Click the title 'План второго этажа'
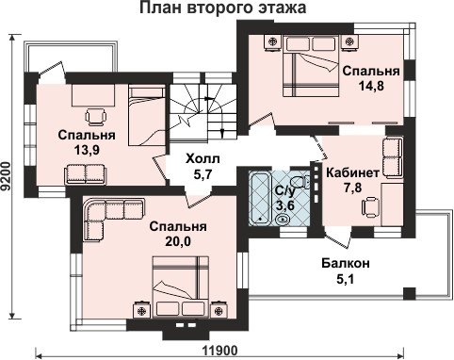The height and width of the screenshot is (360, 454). click(x=222, y=8)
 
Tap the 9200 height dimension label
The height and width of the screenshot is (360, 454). click(x=6, y=176)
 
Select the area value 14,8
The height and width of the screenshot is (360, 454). click(x=371, y=85)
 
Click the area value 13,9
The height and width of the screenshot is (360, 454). click(x=87, y=150)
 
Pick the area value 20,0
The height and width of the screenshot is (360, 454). click(x=178, y=240)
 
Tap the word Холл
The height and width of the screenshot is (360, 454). click(x=203, y=159)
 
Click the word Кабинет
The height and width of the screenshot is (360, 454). click(x=353, y=172)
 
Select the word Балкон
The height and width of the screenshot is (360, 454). click(x=346, y=263)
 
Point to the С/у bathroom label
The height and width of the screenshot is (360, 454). click(x=284, y=190)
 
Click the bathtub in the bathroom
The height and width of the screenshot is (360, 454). click(x=259, y=198)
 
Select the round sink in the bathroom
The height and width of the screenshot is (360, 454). click(x=283, y=219)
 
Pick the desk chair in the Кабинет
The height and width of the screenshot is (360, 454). click(x=370, y=206)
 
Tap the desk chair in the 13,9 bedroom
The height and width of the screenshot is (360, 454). click(x=95, y=117)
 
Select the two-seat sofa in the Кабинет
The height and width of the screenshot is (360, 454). click(x=393, y=157)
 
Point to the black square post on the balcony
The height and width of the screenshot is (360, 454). click(x=410, y=294)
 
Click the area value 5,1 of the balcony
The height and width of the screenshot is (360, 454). click(x=346, y=278)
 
